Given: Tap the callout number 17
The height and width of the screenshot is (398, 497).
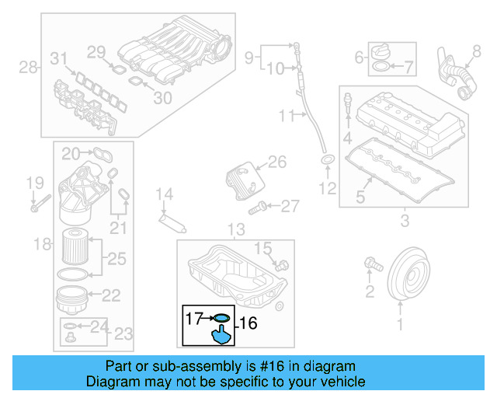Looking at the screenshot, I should click(x=193, y=317).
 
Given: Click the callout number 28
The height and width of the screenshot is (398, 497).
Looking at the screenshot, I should click(x=28, y=68).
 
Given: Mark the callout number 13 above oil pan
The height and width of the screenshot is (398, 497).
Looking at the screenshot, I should click(x=235, y=229).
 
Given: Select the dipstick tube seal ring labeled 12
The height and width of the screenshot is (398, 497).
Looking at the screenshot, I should click(x=328, y=161).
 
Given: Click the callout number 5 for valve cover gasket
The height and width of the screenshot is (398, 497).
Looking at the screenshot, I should click(x=360, y=197).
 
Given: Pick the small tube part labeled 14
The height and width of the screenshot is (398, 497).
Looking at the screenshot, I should click(x=172, y=222).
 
